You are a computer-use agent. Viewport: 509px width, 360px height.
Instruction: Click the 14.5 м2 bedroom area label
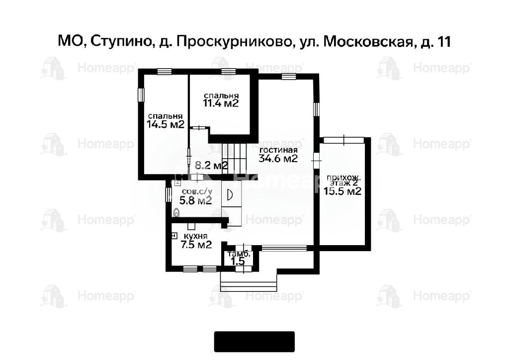click(x=166, y=124)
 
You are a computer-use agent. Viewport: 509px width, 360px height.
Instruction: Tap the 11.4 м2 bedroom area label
click(x=221, y=103)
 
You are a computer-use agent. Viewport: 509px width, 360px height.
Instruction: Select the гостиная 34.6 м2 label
click(x=278, y=155)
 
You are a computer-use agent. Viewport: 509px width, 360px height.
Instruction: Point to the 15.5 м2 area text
click(x=342, y=191)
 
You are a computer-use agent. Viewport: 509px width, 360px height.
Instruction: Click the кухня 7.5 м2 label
click(x=196, y=241)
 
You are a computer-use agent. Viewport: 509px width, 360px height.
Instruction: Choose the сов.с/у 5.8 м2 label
click(x=196, y=196)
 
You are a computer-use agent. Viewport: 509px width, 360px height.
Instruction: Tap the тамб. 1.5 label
click(x=239, y=258)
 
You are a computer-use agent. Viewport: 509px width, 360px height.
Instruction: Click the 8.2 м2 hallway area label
click(x=211, y=166)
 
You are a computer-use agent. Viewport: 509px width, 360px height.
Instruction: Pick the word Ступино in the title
click(x=121, y=42)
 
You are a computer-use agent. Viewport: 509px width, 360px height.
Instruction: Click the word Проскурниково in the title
click(x=234, y=42)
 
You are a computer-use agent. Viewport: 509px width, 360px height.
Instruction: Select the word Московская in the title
click(x=369, y=42)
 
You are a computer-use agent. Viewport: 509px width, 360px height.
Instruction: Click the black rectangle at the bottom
click(x=254, y=342)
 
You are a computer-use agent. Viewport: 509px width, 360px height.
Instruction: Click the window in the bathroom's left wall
click(x=168, y=195)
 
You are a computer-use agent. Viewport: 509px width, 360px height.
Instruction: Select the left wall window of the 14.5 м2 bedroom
click(x=141, y=95)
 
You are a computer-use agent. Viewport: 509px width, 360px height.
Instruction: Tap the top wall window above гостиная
click(x=289, y=77)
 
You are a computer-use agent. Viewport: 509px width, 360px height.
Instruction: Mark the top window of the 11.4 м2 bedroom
click(x=229, y=72)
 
